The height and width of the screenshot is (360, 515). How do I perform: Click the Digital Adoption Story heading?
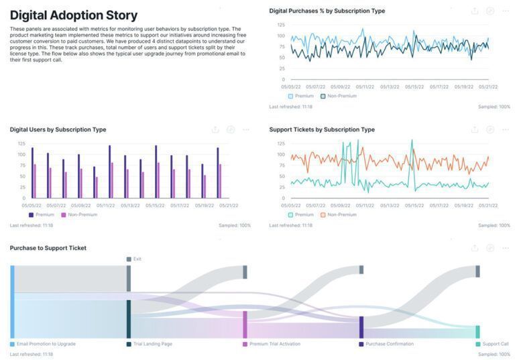(74, 15)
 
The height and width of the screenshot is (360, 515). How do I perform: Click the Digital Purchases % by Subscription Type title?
(327, 11)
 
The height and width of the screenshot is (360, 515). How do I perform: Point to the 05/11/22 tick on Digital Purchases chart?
(365, 86)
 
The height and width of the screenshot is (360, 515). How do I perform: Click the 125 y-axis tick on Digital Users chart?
(21, 143)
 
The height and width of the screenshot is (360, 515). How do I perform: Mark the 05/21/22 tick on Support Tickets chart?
(488, 205)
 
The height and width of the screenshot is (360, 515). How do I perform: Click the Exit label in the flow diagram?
(137, 259)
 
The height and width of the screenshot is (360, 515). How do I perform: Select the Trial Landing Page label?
(152, 344)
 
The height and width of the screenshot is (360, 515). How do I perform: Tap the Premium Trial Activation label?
(276, 344)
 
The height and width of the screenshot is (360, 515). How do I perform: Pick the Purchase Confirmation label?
(389, 344)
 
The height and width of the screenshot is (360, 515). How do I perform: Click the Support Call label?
(495, 344)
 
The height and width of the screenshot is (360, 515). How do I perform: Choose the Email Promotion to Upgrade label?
(46, 344)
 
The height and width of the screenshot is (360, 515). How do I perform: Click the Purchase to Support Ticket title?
(48, 248)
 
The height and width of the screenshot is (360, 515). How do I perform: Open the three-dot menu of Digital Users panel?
(246, 129)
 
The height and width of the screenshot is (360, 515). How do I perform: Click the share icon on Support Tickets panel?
(475, 129)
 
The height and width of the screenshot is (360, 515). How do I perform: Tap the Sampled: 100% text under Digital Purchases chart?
(494, 107)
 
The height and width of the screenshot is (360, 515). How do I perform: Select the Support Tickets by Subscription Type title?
(322, 129)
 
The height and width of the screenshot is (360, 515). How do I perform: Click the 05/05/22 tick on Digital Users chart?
(32, 205)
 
